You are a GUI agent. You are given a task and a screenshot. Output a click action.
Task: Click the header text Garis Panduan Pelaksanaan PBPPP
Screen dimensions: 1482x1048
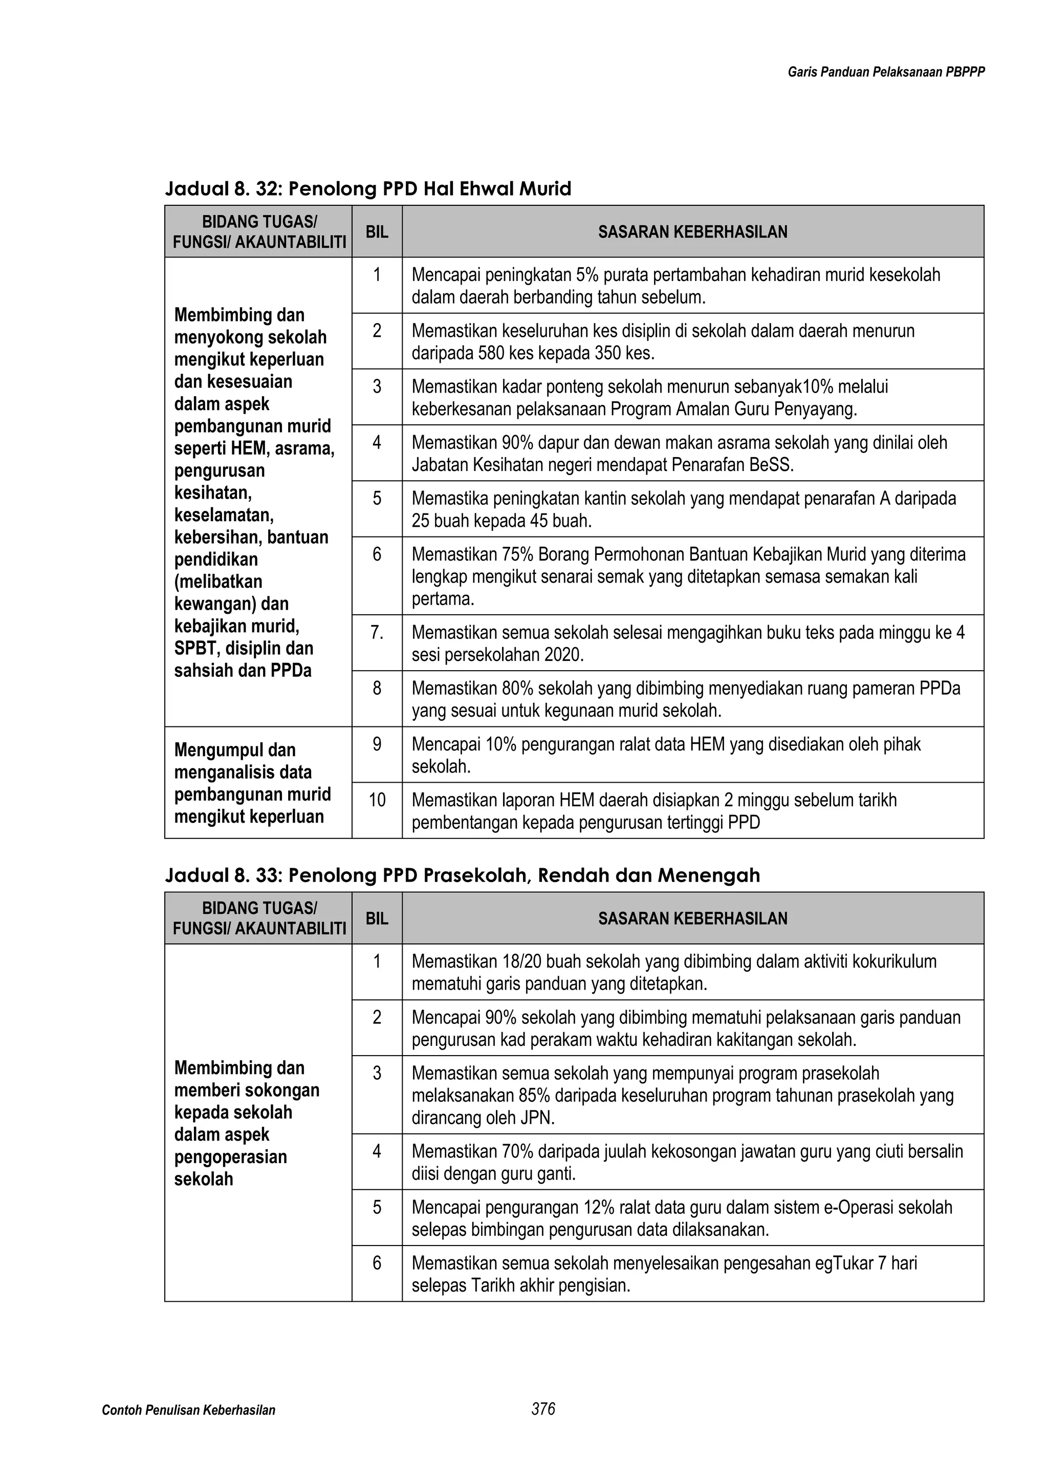pyautogui.click(x=886, y=72)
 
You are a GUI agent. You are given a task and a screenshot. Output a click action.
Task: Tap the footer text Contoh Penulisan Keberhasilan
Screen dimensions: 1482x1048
pyautogui.click(x=188, y=1410)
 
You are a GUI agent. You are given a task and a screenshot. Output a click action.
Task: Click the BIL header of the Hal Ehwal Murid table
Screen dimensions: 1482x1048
pyautogui.click(x=377, y=232)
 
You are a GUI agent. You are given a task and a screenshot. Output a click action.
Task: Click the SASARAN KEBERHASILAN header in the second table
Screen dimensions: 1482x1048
pyautogui.click(x=692, y=918)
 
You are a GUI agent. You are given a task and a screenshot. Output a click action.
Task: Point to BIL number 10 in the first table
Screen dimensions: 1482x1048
pyautogui.click(x=377, y=801)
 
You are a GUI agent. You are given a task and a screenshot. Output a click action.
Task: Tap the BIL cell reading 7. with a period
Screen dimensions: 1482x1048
pyautogui.click(x=377, y=633)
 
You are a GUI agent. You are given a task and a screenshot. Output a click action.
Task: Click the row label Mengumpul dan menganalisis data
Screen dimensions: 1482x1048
pyautogui.click(x=252, y=783)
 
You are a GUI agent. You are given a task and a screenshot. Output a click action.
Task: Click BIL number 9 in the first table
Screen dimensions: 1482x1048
pyautogui.click(x=377, y=745)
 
